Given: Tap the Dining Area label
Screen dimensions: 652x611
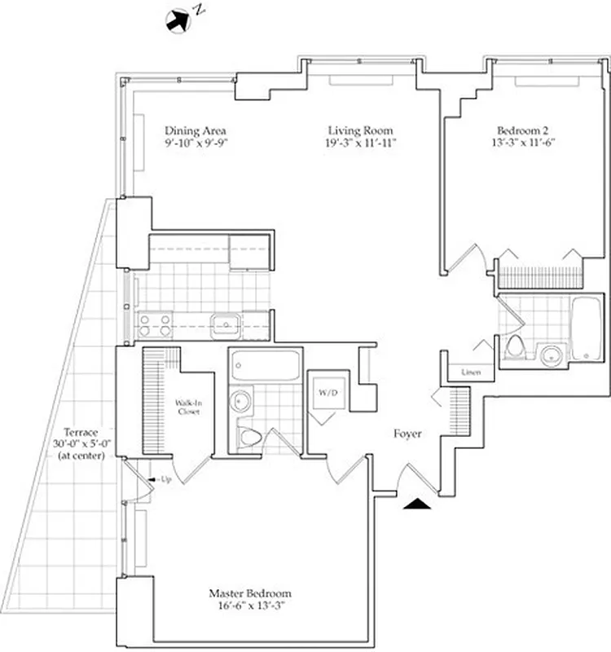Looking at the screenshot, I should tap(196, 130).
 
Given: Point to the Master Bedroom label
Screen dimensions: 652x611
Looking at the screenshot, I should tap(249, 594).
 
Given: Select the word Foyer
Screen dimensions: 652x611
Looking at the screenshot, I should tap(407, 434).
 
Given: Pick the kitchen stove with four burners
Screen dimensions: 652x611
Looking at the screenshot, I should tap(155, 325).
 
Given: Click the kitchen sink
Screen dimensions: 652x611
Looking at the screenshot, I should tap(224, 325).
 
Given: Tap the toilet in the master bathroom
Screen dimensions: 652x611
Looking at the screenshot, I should tap(250, 438).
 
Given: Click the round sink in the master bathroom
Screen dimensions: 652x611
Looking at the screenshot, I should tap(241, 402).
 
